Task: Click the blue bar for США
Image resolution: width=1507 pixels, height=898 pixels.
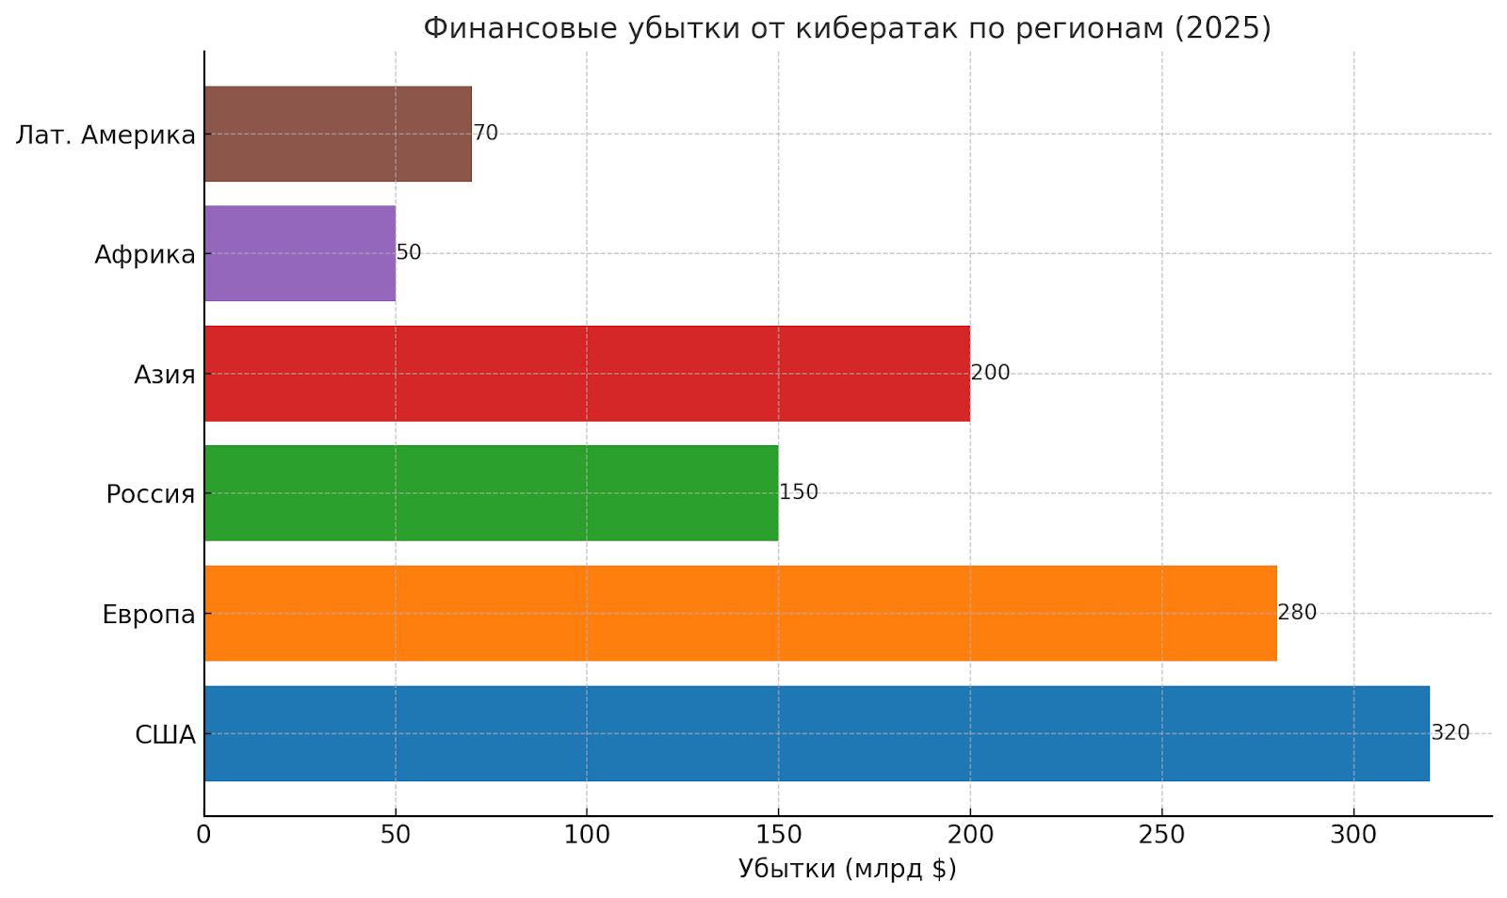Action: point(816,733)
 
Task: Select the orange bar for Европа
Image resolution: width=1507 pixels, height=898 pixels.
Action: point(739,613)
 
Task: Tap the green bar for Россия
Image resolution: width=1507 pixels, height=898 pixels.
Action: point(491,492)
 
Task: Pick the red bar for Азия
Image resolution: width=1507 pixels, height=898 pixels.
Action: point(586,373)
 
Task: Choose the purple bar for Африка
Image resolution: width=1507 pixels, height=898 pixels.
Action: point(300,253)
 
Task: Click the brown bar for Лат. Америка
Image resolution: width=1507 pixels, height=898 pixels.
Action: point(337,134)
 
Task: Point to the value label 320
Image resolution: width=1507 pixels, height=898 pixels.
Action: point(1450,732)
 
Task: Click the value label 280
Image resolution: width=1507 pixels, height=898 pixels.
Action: point(1297,613)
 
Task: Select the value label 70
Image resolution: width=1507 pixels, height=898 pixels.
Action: point(485,134)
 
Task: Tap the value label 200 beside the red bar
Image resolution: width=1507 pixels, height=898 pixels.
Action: point(990,373)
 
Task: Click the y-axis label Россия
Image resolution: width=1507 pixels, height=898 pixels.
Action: point(150,493)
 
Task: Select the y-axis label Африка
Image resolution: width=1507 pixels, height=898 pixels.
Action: point(145,254)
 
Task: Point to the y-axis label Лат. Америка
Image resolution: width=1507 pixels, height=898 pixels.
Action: point(105,135)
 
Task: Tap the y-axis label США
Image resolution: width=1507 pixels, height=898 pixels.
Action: point(165,734)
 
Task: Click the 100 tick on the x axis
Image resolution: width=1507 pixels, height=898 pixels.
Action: point(587,835)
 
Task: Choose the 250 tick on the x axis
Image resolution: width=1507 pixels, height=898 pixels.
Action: point(1161,835)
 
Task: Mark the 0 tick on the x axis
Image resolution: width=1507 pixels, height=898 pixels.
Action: point(203,835)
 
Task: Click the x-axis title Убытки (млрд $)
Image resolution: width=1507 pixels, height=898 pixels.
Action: point(847,868)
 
